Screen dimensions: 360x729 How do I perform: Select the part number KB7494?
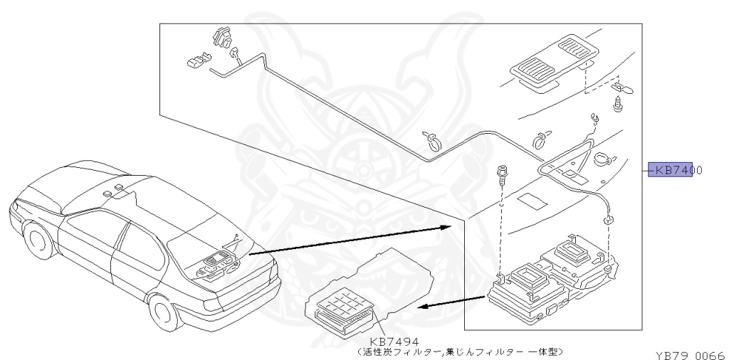pos(394,342)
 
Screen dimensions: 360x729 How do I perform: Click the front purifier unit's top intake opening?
pos(529,277)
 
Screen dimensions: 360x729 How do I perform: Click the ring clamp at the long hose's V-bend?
pos(432,140)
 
